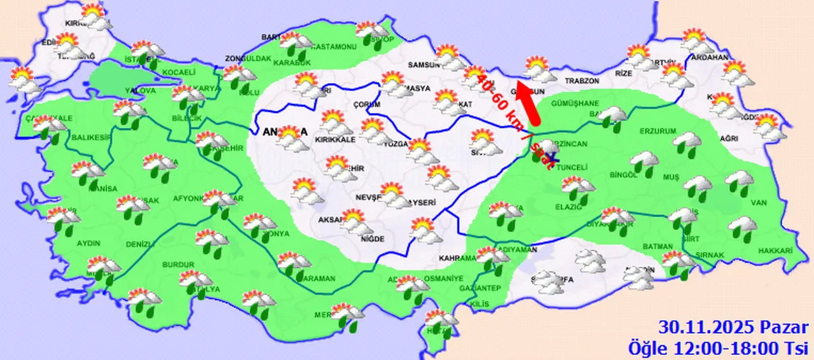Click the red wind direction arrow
coord(528,102)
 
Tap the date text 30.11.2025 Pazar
coord(733,329)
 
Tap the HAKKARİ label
coord(775,251)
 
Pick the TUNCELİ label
coord(572,167)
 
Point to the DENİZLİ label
coord(140,244)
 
